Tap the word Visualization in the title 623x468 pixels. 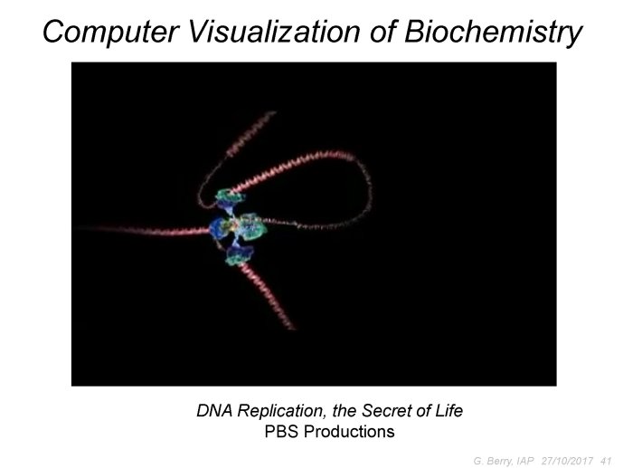tap(274, 32)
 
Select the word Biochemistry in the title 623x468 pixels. tap(493, 33)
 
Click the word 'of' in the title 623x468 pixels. tap(382, 32)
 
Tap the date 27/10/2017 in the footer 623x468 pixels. tap(567, 461)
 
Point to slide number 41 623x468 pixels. tap(606, 461)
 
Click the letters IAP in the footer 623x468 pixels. tap(526, 461)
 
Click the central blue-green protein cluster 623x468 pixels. tap(239, 229)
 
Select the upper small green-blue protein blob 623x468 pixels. tap(230, 198)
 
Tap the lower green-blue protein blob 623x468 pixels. tap(240, 254)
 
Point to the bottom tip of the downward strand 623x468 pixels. tap(294, 330)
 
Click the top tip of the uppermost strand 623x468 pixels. tap(274, 112)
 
